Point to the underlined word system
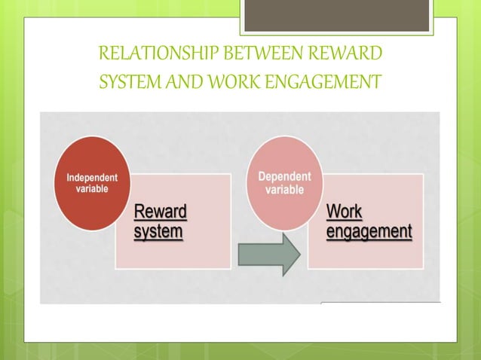158,230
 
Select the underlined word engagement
369,230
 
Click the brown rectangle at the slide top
336,16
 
